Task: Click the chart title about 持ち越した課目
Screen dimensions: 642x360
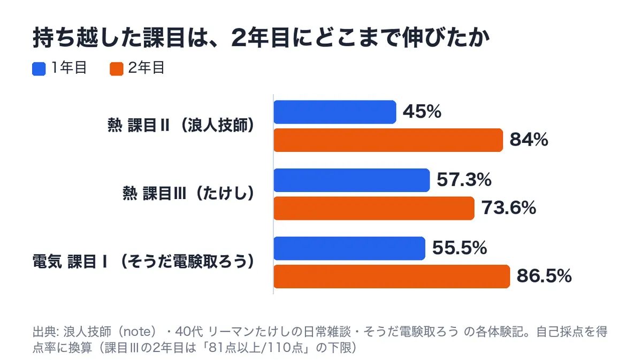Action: coord(261,38)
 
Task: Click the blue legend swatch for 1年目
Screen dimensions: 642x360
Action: coord(39,69)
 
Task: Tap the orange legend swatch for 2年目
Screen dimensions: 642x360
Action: coord(117,69)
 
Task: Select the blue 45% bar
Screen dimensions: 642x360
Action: coord(335,112)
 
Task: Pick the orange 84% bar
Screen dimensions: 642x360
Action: coord(388,140)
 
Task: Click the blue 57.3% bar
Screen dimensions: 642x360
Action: coord(351,180)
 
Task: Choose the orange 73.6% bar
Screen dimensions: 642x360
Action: coord(374,209)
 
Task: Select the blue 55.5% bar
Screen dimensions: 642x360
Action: coord(349,249)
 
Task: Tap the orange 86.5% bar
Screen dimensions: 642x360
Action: coord(392,277)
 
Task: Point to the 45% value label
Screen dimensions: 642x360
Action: coord(422,111)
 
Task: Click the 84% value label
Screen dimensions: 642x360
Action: coord(529,140)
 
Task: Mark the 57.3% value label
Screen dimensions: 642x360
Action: coord(464,180)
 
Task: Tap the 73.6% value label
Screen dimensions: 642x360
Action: coord(509,208)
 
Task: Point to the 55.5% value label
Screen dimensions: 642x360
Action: coord(460,248)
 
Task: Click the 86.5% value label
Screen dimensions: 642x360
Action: coord(544,276)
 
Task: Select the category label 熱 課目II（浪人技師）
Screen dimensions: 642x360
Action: coord(181,126)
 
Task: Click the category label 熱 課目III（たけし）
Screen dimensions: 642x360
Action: coord(188,194)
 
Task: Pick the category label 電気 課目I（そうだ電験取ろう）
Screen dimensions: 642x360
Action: coord(143,262)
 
